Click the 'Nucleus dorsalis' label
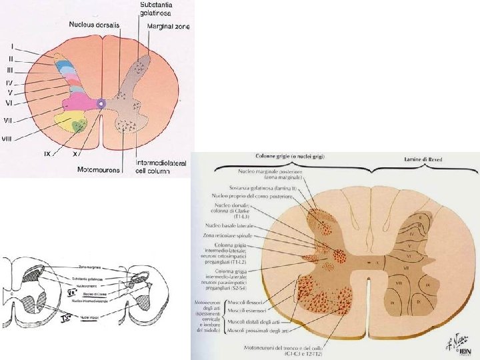(94, 25)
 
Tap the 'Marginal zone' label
(169, 26)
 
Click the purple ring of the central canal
(101, 104)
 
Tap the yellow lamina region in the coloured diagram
(68, 123)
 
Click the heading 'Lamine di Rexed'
(423, 160)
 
